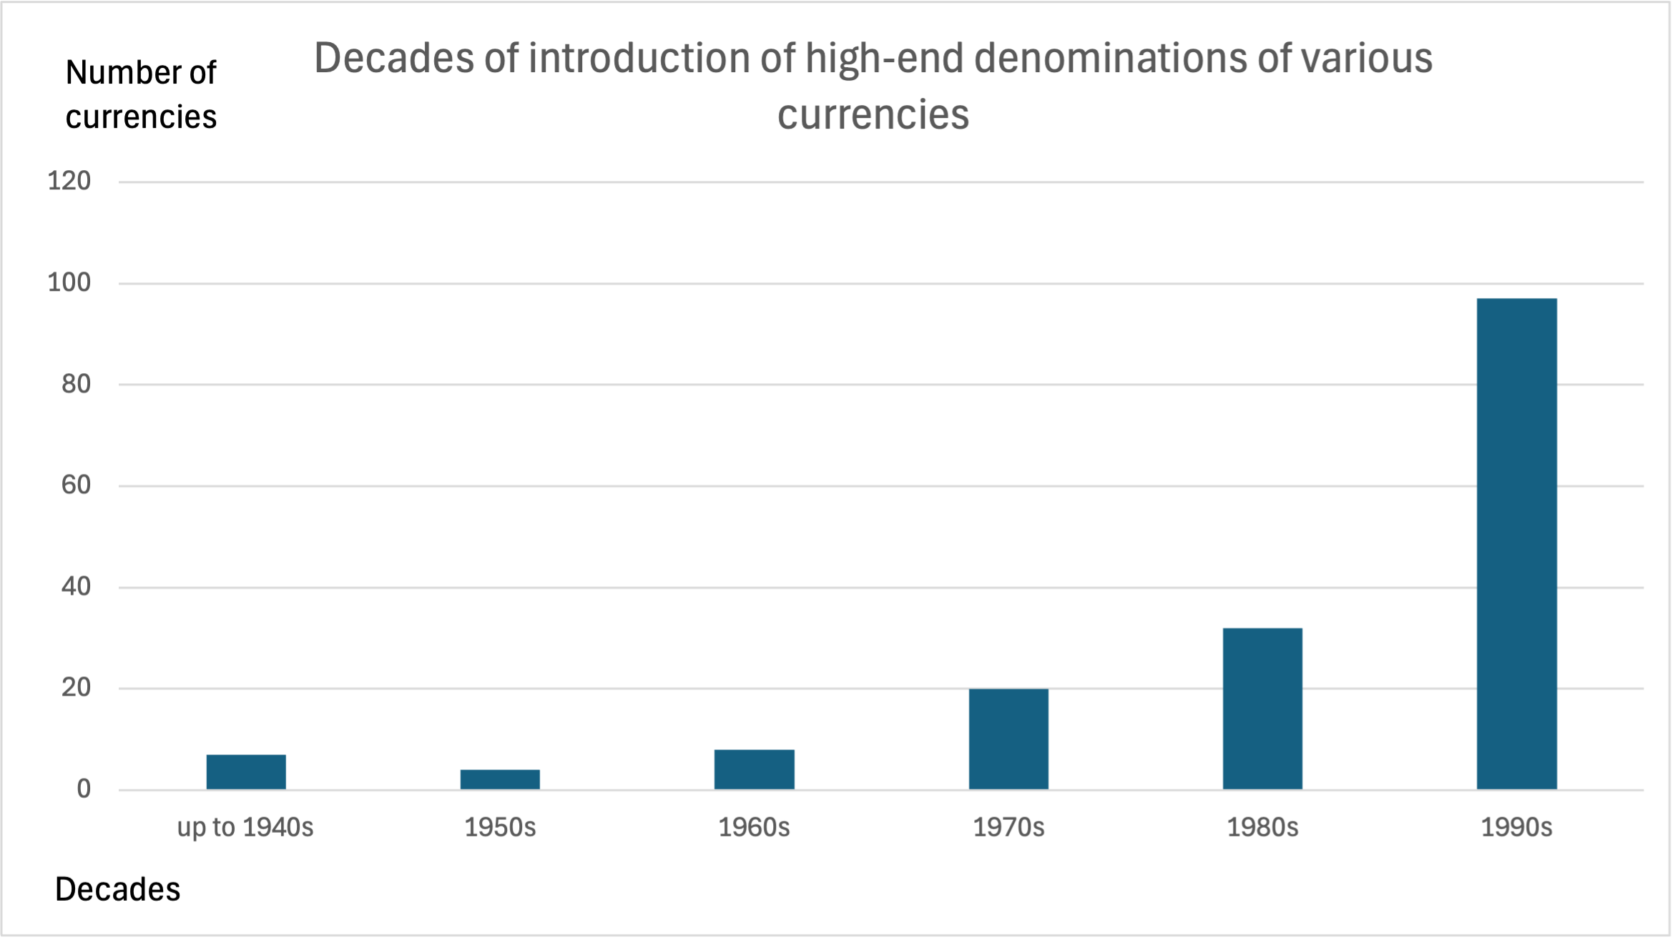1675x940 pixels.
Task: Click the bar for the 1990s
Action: point(1516,543)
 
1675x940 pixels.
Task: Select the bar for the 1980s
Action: point(1262,708)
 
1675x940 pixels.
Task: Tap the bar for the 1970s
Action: point(1008,739)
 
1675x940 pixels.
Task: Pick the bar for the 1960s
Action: point(754,769)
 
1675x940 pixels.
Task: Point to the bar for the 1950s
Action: point(500,779)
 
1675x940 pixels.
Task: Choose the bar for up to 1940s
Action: point(246,772)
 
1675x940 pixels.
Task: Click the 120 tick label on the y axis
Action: point(69,181)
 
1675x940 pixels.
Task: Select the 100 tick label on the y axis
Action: point(69,282)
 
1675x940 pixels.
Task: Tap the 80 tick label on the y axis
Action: point(76,384)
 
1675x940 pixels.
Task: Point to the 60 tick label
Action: point(76,485)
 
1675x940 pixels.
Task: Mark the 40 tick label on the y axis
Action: point(76,587)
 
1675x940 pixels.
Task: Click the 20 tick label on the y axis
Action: point(76,688)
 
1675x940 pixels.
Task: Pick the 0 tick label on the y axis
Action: point(84,789)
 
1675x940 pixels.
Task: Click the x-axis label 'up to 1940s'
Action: point(245,827)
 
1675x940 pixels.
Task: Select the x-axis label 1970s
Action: point(1008,827)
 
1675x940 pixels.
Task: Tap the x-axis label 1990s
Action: point(1516,827)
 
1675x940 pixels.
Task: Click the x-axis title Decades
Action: point(118,889)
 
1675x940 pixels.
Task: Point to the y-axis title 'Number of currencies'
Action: point(141,94)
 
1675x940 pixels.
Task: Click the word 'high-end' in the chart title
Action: point(884,58)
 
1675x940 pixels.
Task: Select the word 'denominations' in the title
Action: point(1111,58)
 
